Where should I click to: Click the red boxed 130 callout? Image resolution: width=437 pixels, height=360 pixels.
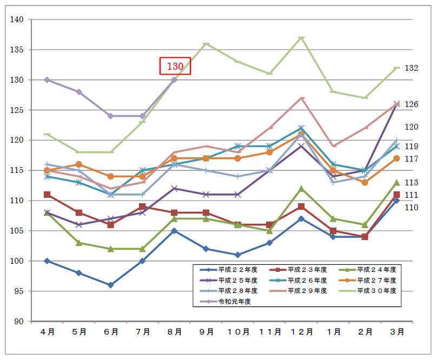175,66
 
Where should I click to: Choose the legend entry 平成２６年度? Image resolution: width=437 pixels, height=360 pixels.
307,280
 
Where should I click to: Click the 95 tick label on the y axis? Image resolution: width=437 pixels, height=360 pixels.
19,291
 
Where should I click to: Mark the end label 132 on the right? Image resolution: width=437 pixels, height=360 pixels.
412,68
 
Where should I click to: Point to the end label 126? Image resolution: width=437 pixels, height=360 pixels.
412,104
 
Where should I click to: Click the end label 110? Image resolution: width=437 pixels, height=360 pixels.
412,208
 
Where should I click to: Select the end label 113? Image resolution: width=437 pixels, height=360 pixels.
412,183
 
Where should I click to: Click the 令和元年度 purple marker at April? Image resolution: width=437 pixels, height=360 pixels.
48,80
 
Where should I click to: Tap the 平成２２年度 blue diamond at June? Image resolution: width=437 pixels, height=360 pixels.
111,285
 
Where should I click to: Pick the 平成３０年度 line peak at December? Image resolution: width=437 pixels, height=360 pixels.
301,38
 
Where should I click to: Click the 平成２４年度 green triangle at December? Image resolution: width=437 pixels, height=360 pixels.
301,189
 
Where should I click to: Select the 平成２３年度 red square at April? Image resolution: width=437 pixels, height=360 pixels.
48,195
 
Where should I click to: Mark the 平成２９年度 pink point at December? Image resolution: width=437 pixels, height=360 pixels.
301,98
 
